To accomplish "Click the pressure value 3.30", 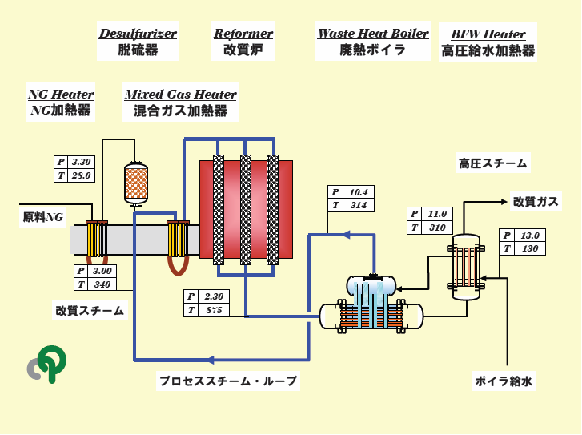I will coord(82,160).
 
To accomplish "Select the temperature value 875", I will coord(211,310).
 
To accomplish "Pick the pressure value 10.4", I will coord(359,192).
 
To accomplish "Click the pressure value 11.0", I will coord(437,214).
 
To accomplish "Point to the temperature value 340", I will coord(102,284).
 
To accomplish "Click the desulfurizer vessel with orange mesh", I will coord(136,183).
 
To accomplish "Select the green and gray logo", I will coord(47,365).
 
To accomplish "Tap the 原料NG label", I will coord(42,216).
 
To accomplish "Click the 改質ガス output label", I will coord(535,201).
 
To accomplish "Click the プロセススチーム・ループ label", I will coord(227,381).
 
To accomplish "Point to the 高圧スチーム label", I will coord(492,163).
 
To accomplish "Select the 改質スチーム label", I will coord(90,311).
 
